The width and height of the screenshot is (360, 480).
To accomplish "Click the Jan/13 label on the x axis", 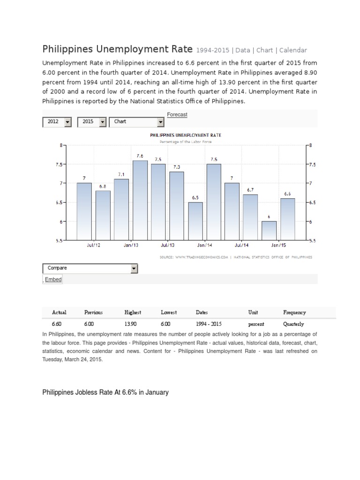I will click(131, 245).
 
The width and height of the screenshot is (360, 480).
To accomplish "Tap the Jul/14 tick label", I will click(241, 245).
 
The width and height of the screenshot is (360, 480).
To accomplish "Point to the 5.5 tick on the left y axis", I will click(58, 240).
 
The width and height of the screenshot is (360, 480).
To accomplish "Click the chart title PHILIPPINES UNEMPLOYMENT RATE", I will click(186, 135).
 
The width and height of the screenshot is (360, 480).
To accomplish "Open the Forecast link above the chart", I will click(177, 114).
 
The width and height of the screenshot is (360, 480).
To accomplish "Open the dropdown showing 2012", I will click(57, 122).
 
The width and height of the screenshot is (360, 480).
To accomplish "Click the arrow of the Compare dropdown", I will click(134, 269).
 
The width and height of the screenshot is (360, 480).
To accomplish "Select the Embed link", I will click(53, 279).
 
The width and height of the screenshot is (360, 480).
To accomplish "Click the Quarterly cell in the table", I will click(293, 324).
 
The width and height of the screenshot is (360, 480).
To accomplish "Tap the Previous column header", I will click(93, 312).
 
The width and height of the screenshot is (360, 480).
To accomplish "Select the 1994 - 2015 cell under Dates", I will click(209, 324).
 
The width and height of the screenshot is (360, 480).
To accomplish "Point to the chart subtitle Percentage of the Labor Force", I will click(186, 141).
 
